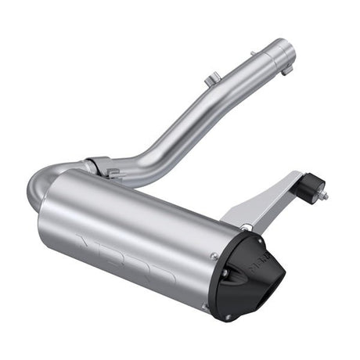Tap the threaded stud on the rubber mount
324,196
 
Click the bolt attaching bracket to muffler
247,228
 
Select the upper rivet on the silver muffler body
213,254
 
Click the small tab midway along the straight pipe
210,79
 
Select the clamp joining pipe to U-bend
97,167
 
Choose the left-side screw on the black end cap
225,273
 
